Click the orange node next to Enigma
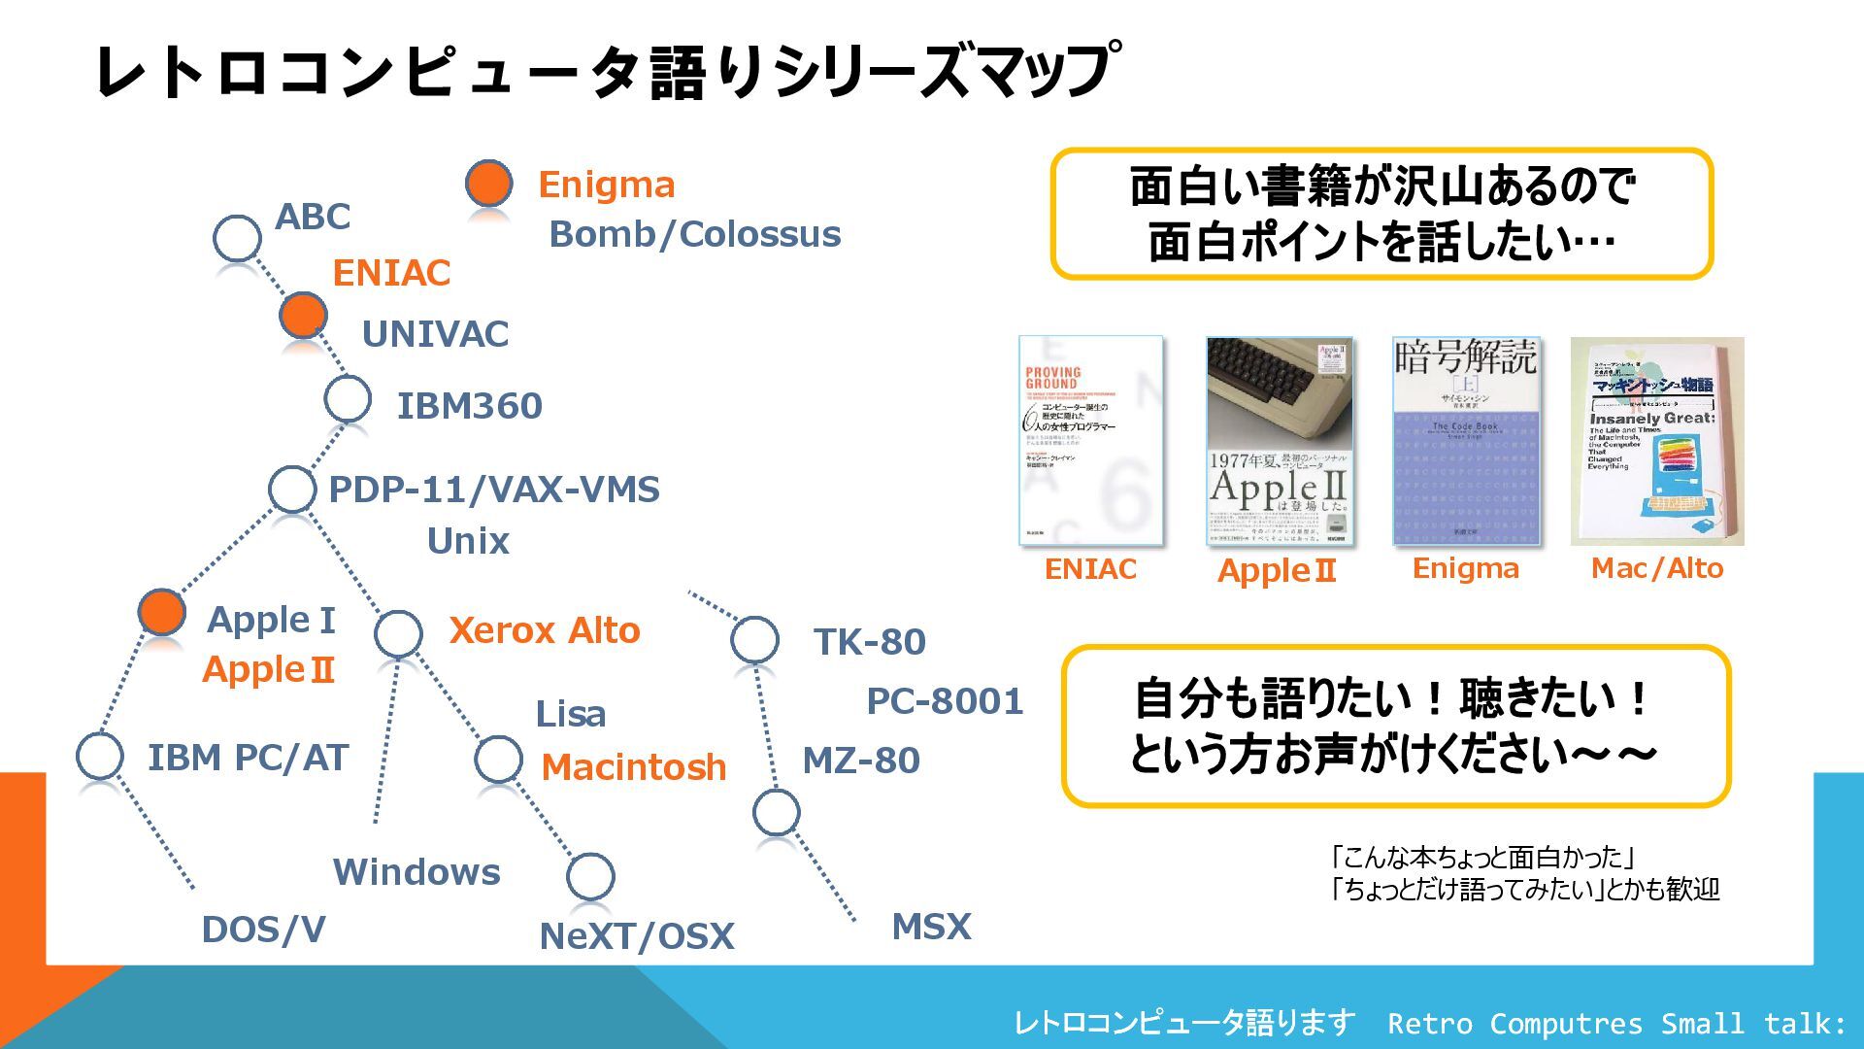(x=488, y=183)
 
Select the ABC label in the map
(x=312, y=217)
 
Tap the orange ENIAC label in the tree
(x=391, y=273)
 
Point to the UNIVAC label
(x=435, y=334)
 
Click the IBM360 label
(x=469, y=406)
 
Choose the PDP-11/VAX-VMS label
(x=494, y=490)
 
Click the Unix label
(x=468, y=541)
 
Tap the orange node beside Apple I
(x=161, y=611)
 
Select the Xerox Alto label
(x=545, y=630)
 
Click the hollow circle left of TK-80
(x=754, y=640)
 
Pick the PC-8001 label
(x=945, y=701)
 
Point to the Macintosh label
(x=633, y=767)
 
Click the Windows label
(x=416, y=872)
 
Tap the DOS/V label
(x=263, y=930)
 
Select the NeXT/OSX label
(x=637, y=936)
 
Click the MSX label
(x=931, y=927)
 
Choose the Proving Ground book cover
(x=1090, y=440)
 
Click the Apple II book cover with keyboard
(x=1279, y=440)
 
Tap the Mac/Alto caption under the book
(x=1656, y=568)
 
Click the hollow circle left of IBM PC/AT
(x=99, y=756)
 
